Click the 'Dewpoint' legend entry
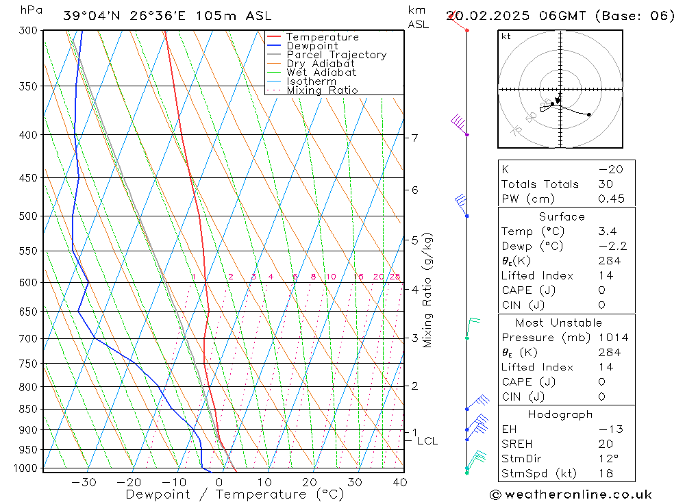(x=312, y=46)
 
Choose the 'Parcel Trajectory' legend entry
(x=336, y=55)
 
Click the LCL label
(x=427, y=442)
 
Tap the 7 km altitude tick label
(x=414, y=138)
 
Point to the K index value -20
(x=606, y=169)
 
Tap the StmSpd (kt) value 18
(x=606, y=473)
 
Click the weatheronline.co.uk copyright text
(x=570, y=494)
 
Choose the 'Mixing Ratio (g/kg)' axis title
(x=427, y=290)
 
